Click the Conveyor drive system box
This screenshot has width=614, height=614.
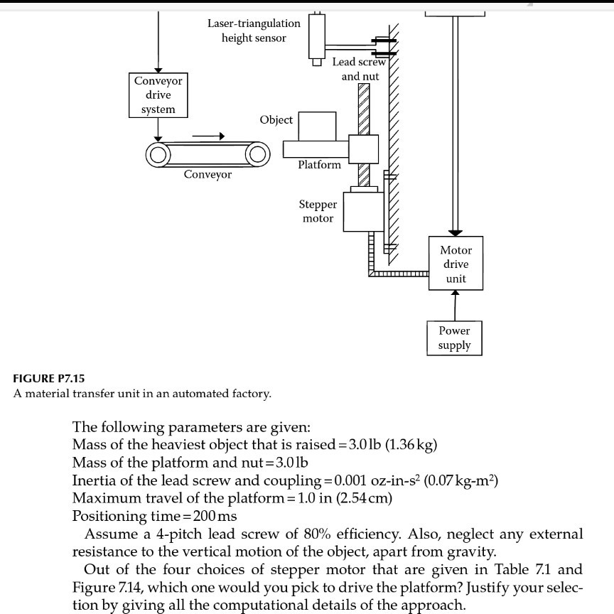158,95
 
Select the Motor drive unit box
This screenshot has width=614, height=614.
456,264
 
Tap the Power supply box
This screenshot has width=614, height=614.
455,338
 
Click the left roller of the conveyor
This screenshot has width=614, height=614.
158,154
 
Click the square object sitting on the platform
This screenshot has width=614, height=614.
317,126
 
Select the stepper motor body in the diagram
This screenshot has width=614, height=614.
363,210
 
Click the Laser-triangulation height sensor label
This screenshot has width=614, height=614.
254,31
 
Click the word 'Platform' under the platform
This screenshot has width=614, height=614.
319,165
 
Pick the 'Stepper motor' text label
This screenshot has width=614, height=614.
318,211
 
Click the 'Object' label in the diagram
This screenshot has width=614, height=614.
276,119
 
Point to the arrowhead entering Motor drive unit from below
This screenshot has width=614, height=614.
456,294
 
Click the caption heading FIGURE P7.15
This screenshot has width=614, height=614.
50,378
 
